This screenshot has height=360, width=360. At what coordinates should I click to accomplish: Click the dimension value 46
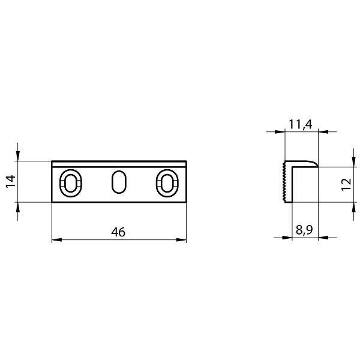pyautogui.click(x=118, y=232)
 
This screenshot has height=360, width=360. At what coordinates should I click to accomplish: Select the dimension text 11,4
pyautogui.click(x=301, y=124)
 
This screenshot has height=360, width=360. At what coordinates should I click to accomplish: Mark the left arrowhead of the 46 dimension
pyautogui.click(x=56, y=241)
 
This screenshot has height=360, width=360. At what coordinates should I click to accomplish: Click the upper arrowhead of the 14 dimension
pyautogui.click(x=19, y=157)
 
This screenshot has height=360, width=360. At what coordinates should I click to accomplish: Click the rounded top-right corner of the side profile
pyautogui.click(x=314, y=163)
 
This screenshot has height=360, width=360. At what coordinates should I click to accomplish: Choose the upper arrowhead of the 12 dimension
pyautogui.click(x=352, y=162)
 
